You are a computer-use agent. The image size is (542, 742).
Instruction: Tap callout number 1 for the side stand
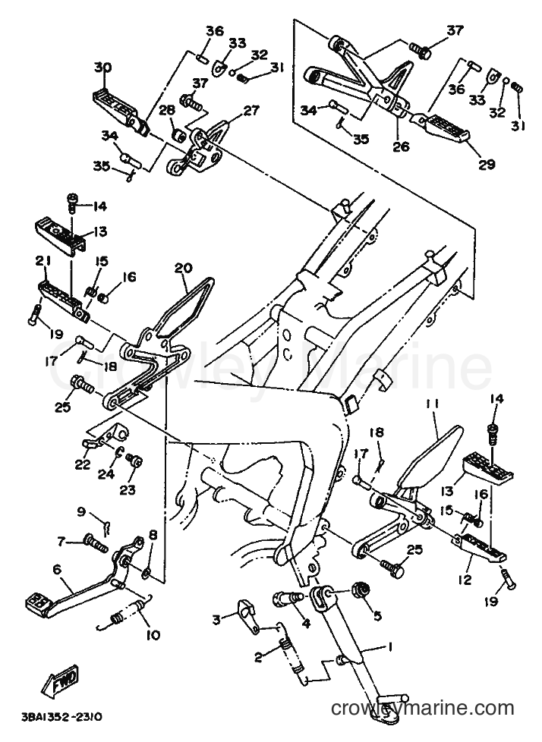point(389,646)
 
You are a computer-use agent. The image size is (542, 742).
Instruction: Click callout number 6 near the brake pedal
point(57,570)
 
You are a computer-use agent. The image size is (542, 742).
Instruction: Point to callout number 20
point(183,269)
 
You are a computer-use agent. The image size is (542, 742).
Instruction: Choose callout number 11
point(432,404)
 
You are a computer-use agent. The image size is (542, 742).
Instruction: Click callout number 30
point(102,68)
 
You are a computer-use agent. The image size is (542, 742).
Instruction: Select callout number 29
point(486,164)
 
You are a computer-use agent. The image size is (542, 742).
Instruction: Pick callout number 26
point(401,147)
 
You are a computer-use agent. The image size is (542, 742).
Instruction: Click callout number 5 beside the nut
point(377,615)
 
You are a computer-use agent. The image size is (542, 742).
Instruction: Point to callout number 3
point(216,619)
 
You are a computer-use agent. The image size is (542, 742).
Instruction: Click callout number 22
point(83,465)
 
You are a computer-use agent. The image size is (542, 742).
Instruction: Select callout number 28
point(167,110)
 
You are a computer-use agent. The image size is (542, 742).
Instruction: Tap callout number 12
point(465,579)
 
